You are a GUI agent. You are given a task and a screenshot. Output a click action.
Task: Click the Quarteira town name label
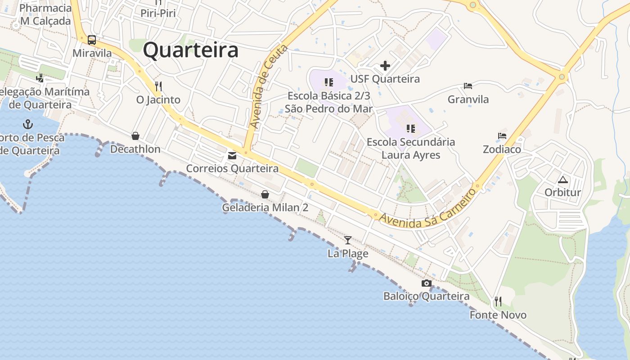coord(190,50)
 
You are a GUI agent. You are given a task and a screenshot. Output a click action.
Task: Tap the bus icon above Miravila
coord(92,40)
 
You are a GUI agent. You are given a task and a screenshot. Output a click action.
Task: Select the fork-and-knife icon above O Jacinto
coord(158,86)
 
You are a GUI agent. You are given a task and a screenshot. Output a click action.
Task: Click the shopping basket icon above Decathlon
coord(135,136)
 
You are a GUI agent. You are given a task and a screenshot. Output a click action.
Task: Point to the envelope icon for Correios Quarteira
coord(232,156)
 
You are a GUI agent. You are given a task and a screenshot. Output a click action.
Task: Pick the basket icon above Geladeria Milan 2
coord(265,194)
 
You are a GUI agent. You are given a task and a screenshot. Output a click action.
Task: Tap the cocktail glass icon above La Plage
coord(347,240)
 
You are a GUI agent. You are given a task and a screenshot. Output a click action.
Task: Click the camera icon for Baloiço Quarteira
coord(426,283)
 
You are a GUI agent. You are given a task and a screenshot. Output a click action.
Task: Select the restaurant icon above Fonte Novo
coord(498,301)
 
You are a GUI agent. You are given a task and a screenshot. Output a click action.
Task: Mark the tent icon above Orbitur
coord(562,180)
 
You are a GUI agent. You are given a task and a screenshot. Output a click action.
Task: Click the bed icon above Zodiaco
coord(502,135)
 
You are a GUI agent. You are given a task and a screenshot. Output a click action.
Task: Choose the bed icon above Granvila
coord(468,85)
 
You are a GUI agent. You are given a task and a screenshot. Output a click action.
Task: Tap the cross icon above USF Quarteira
coord(385,66)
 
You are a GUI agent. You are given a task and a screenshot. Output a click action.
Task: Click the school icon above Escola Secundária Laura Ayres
coord(410,129)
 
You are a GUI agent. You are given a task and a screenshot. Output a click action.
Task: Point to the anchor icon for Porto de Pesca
coord(28,124)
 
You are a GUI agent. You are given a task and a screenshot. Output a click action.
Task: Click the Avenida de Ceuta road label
coord(269,86)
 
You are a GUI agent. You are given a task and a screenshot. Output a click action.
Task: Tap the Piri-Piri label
coord(158,13)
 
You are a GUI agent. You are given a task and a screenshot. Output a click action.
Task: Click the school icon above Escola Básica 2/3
coord(329,82)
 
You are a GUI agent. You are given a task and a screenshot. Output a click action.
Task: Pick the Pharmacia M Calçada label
coord(45,14)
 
